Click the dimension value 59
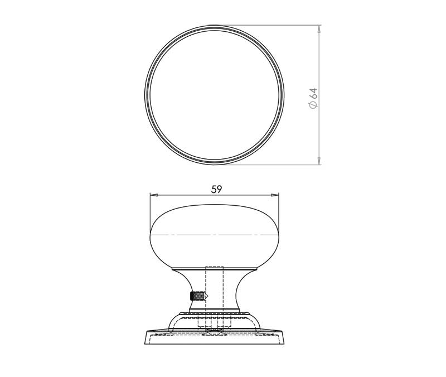[x=216, y=189]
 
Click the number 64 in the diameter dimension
[x=313, y=94]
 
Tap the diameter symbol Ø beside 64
[x=313, y=105]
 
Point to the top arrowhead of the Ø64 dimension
[x=319, y=28]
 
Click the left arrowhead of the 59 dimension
[x=154, y=195]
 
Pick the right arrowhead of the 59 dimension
[x=275, y=195]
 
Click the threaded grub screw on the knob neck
[x=198, y=296]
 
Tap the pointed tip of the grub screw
[x=207, y=296]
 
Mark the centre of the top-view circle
[x=214, y=95]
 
